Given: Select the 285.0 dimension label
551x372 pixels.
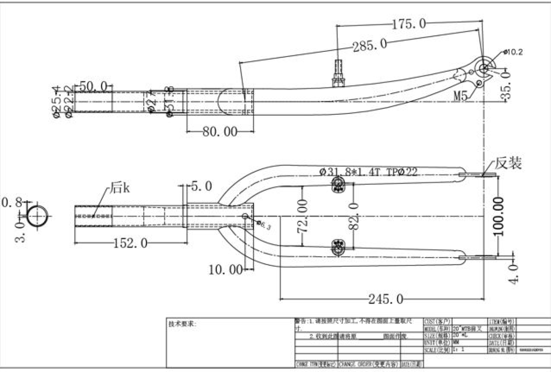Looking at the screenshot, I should point(370,45).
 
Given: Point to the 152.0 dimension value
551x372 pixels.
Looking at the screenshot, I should point(130,244).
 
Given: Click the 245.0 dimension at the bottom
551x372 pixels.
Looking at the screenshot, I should point(386,299).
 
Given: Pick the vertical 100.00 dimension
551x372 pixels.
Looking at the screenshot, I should point(499,216).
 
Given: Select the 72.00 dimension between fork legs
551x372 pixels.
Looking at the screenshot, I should point(302,216).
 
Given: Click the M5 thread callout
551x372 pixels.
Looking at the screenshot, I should point(461,96).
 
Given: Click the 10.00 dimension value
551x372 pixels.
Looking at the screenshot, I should point(225,270).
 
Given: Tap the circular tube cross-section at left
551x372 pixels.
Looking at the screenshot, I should point(38,216).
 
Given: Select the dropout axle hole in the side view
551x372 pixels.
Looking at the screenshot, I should point(484,68).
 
